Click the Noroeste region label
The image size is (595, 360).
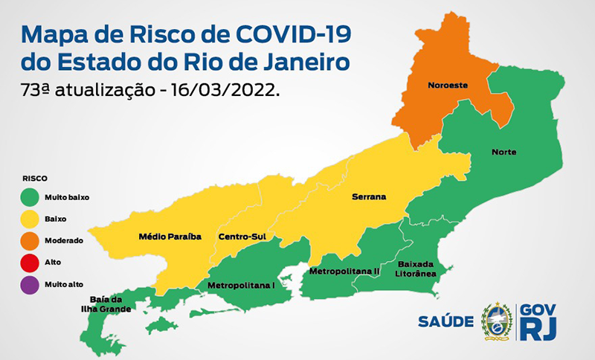447,86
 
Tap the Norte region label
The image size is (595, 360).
504,152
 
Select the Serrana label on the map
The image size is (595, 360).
369,197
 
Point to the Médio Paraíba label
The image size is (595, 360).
170,237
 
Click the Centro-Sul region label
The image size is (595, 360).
242,237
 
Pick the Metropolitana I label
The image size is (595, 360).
241,285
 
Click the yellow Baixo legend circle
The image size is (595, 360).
29,219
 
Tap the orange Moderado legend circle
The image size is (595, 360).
29,240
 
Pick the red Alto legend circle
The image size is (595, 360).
29,262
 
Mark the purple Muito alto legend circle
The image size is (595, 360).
29,283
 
